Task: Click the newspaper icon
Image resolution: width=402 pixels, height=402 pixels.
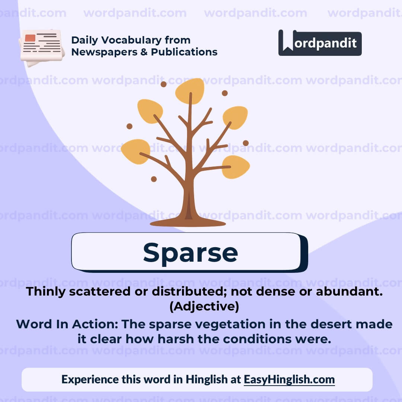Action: [42, 47]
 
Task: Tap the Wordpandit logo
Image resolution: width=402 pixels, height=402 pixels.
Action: [320, 43]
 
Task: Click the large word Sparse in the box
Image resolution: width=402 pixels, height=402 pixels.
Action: [190, 252]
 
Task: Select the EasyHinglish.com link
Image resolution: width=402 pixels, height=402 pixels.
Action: [289, 379]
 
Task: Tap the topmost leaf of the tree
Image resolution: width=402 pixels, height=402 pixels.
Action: [190, 90]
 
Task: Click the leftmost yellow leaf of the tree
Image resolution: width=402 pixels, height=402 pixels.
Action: [135, 151]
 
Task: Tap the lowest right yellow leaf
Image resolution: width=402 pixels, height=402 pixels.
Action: [236, 166]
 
